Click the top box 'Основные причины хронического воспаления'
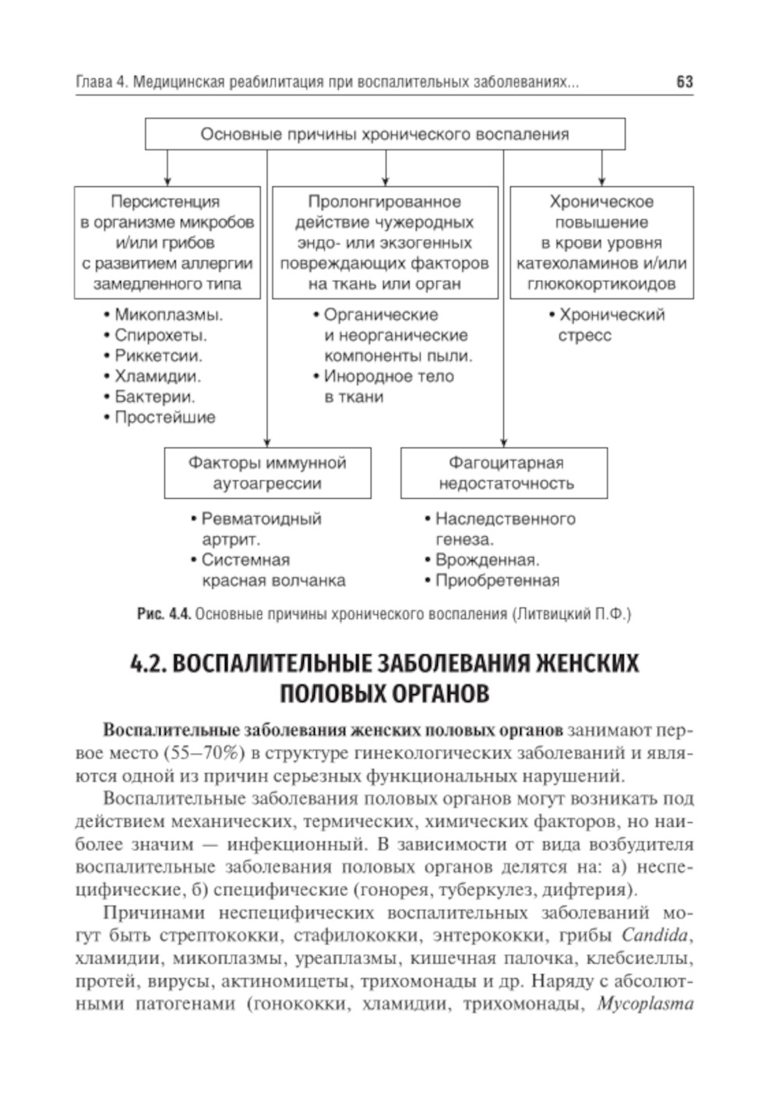(x=385, y=134)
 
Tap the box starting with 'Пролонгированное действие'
(x=385, y=242)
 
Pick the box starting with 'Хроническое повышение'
(x=601, y=242)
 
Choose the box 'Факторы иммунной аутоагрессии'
(x=267, y=473)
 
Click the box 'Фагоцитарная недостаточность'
(x=504, y=473)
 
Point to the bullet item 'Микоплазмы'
(x=168, y=316)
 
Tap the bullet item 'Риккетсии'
(x=158, y=356)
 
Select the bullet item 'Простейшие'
(x=164, y=417)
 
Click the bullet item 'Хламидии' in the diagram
(x=157, y=376)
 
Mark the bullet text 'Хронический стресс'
(x=610, y=326)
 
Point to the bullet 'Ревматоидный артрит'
(x=260, y=529)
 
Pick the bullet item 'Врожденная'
(x=487, y=560)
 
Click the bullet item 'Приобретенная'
(x=497, y=581)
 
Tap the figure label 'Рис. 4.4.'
(x=164, y=614)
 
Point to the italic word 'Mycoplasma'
(x=645, y=1004)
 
